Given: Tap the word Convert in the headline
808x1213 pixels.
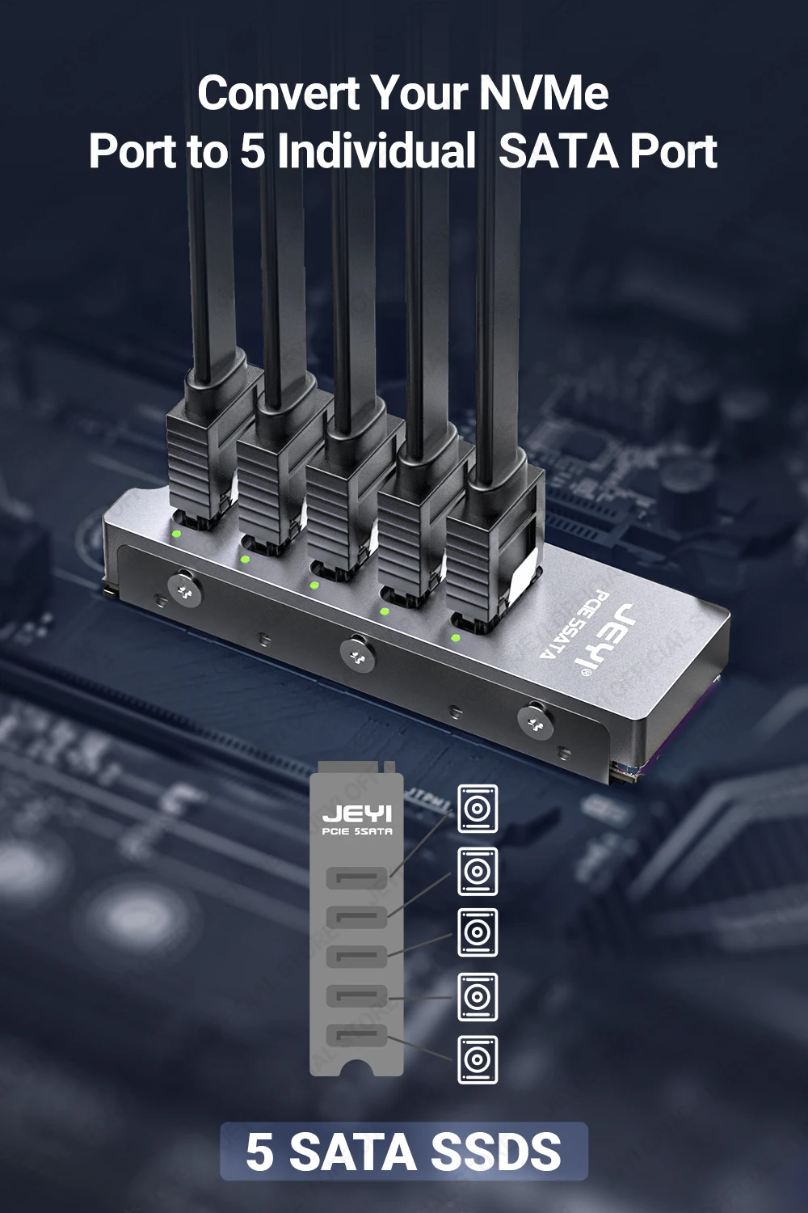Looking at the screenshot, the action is coord(278,93).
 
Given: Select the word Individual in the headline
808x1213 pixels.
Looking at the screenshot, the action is coord(377,151).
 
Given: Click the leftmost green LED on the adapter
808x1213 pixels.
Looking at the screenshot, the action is coord(175,534).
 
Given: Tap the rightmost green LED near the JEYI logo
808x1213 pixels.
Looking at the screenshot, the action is coord(456,638).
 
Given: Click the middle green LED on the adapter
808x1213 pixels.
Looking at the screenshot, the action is coord(314,585).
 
